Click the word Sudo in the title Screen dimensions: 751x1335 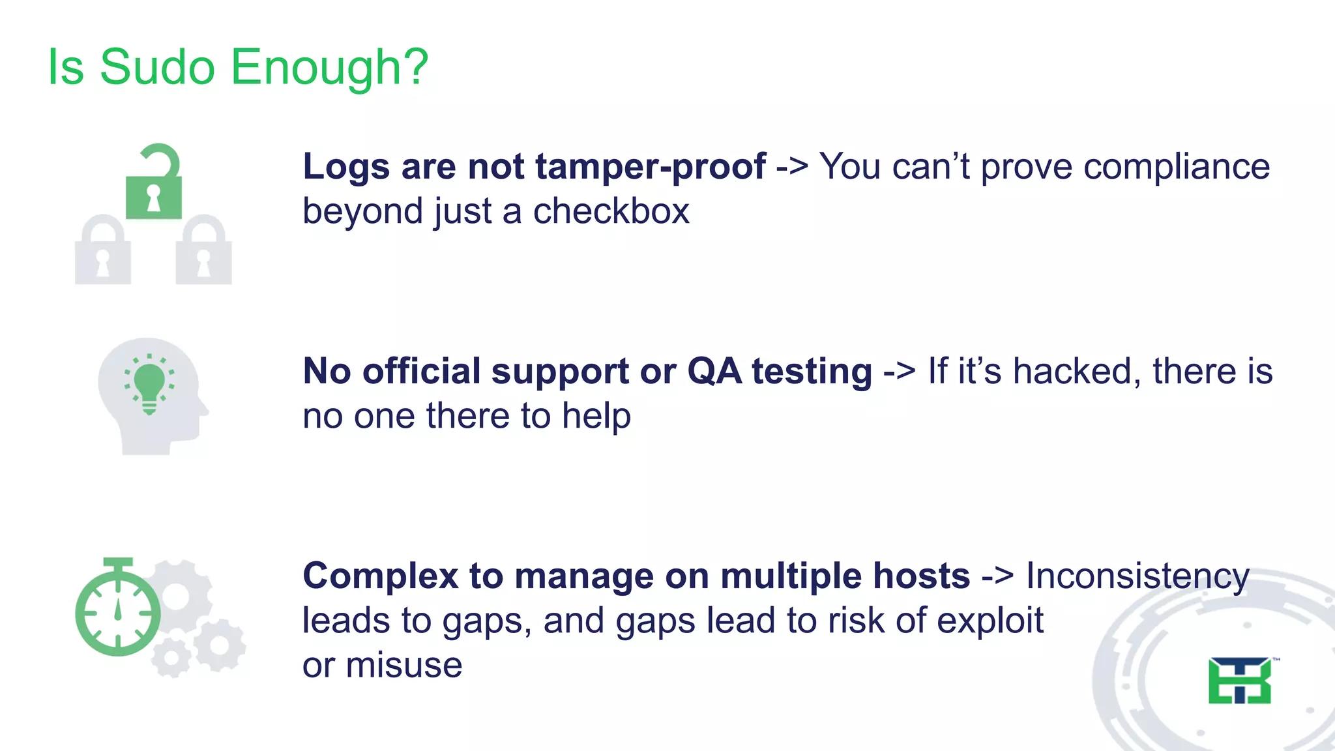(x=157, y=67)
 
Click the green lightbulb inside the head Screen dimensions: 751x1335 (x=149, y=385)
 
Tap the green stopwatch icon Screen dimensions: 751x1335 (x=118, y=609)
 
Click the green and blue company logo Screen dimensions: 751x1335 (x=1239, y=681)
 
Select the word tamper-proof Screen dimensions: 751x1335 (x=651, y=167)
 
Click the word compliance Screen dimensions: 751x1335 (x=1177, y=167)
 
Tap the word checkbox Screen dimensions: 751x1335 (x=611, y=212)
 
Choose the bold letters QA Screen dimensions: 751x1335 (x=714, y=372)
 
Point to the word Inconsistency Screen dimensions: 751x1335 (x=1137, y=577)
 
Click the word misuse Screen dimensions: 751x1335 (x=403, y=666)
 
